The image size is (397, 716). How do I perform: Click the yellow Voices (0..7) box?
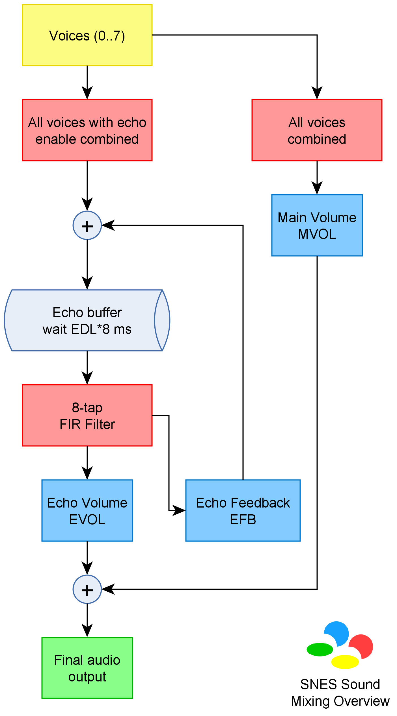pyautogui.click(x=87, y=35)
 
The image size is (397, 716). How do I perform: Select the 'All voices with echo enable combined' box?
pyautogui.click(x=87, y=130)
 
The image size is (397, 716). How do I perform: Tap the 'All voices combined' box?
pyautogui.click(x=317, y=130)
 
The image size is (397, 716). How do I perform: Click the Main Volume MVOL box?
pyautogui.click(x=317, y=225)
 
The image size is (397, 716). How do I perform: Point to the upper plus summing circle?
pyautogui.click(x=87, y=225)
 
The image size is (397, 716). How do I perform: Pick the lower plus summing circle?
pyautogui.click(x=87, y=589)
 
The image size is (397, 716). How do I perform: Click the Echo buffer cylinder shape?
pyautogui.click(x=87, y=320)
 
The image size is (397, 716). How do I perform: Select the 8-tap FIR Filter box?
pyautogui.click(x=87, y=415)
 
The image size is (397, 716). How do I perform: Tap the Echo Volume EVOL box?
pyautogui.click(x=87, y=511)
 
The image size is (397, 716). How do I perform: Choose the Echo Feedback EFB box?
pyautogui.click(x=243, y=511)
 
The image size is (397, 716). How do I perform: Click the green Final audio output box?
pyautogui.click(x=87, y=668)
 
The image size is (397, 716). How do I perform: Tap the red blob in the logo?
pyautogui.click(x=361, y=646)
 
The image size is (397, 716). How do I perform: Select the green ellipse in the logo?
pyautogui.click(x=320, y=649)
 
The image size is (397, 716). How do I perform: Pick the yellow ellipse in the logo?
pyautogui.click(x=345, y=662)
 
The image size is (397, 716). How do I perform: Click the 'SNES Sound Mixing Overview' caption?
pyautogui.click(x=340, y=693)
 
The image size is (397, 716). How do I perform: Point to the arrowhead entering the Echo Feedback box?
pyautogui.click(x=179, y=511)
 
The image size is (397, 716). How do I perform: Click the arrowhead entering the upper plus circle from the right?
pyautogui.click(x=108, y=225)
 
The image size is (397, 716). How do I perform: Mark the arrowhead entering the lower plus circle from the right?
pyautogui.click(x=108, y=589)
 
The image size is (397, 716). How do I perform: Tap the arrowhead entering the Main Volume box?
pyautogui.click(x=317, y=188)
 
